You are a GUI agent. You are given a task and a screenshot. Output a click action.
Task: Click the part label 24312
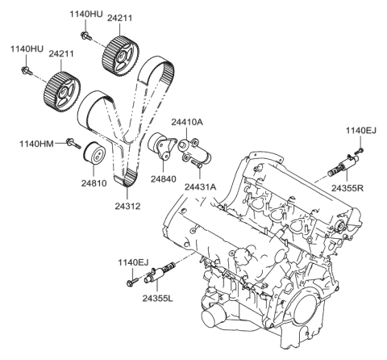click(x=127, y=206)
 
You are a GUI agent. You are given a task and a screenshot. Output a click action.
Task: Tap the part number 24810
click(x=94, y=183)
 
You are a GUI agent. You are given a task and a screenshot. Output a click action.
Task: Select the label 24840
click(x=163, y=179)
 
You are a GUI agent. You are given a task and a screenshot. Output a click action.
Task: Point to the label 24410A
click(x=187, y=122)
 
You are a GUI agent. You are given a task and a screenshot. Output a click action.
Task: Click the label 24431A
click(x=200, y=187)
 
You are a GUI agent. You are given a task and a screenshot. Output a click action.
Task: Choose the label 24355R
click(x=347, y=188)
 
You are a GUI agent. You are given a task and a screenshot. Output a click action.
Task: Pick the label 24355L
click(x=158, y=298)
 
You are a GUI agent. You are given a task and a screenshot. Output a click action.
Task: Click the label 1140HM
click(x=36, y=144)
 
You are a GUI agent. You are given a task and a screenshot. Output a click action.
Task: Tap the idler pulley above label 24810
click(x=94, y=153)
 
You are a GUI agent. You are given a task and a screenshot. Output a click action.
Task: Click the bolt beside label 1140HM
click(x=73, y=143)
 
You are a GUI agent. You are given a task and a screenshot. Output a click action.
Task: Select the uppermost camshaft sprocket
click(x=120, y=56)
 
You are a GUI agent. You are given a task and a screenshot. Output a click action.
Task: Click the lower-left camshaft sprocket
click(x=62, y=92)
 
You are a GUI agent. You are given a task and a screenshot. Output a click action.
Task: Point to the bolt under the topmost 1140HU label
click(x=86, y=36)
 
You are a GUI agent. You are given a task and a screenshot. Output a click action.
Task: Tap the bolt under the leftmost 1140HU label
click(x=27, y=70)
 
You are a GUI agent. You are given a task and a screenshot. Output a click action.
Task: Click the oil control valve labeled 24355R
click(x=344, y=165)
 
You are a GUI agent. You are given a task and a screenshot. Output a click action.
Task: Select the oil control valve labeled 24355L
click(x=160, y=273)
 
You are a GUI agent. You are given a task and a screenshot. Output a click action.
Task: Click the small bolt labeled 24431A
click(x=197, y=163)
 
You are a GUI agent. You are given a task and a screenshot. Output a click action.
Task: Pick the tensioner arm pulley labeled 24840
click(x=162, y=147)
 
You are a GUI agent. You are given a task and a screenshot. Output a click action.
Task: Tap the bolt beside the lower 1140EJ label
click(x=131, y=282)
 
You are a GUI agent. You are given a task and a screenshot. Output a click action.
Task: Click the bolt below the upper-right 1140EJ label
click(x=360, y=150)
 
